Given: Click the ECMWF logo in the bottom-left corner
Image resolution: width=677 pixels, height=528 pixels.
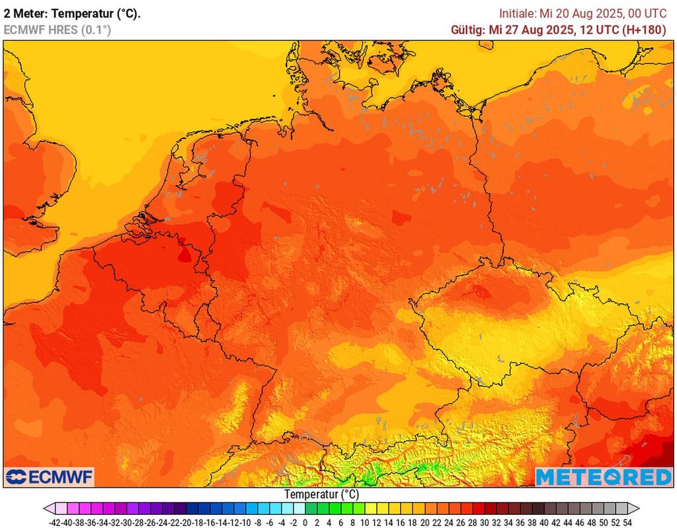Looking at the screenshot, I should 50,476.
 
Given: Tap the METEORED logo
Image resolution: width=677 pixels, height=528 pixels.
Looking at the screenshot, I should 603,476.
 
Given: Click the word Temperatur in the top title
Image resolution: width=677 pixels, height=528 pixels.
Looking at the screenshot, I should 81,13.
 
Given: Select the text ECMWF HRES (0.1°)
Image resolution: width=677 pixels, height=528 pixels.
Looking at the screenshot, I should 57,30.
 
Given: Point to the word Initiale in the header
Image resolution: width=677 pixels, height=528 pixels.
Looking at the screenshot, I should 518,13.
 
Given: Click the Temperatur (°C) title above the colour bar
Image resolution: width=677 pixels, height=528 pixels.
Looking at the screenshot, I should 321,494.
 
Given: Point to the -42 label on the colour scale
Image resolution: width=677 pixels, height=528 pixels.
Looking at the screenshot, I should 55,522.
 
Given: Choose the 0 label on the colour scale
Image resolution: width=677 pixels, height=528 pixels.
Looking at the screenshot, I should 305,522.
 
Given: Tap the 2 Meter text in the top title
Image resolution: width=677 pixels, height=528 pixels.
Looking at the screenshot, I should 24,13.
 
